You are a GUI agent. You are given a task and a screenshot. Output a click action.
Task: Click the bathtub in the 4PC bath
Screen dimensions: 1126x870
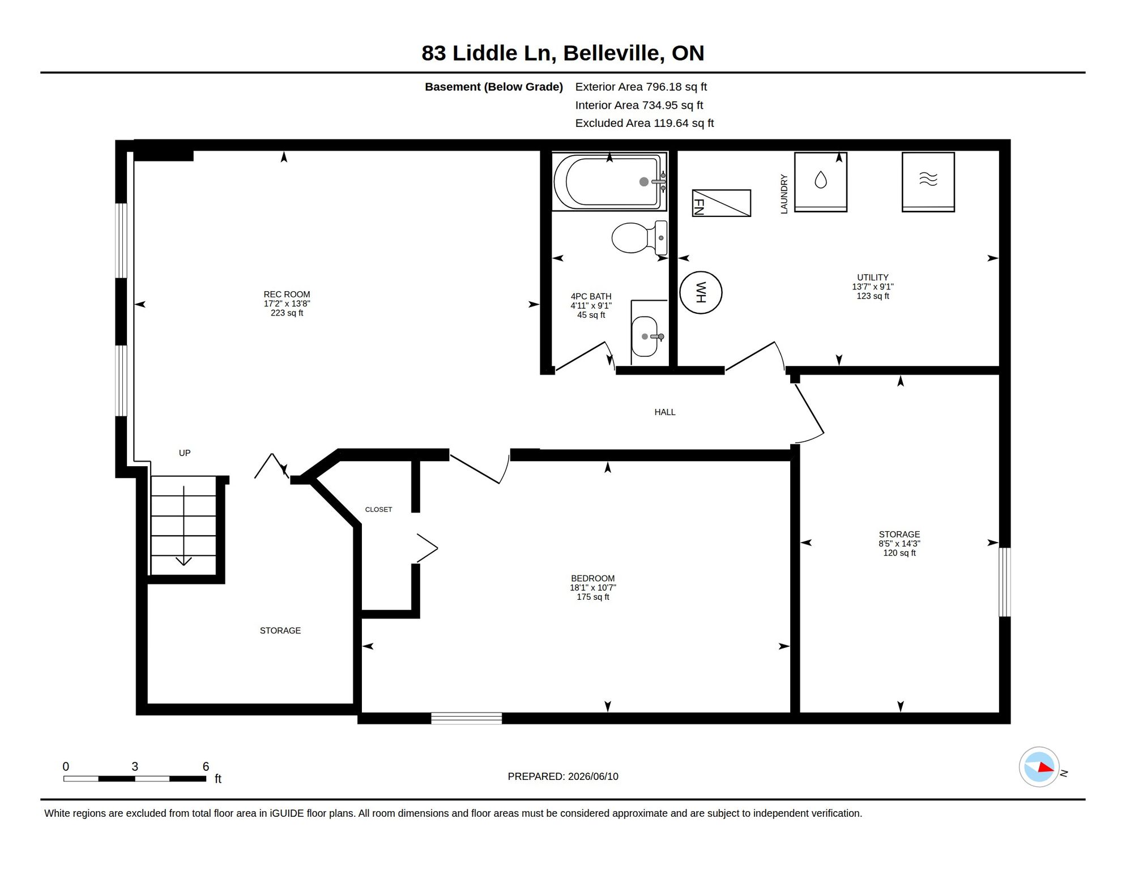coord(609,182)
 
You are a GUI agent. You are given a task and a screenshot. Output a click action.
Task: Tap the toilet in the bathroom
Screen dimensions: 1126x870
coord(639,237)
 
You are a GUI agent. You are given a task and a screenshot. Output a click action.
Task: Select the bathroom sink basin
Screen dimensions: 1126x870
coord(645,336)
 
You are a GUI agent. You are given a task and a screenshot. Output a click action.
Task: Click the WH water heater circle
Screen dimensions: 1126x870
coord(701,292)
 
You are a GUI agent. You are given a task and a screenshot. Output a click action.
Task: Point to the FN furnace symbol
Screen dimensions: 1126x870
coord(722,203)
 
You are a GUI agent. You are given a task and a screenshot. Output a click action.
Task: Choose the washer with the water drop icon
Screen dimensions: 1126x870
coord(821,182)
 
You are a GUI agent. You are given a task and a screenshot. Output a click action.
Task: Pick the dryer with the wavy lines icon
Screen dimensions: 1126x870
coord(928,182)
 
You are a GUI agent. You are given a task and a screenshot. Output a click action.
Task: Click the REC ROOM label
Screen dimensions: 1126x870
coord(287,295)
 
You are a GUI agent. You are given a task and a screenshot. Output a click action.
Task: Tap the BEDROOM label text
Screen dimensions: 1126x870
coord(592,578)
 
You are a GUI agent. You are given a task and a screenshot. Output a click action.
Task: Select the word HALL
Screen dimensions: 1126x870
coord(665,412)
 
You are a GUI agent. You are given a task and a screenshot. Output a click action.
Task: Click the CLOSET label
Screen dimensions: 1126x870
coord(378,510)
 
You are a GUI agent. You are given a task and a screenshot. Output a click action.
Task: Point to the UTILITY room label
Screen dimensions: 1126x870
coord(873,278)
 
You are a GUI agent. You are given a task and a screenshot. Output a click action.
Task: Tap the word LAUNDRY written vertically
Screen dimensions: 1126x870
coord(784,194)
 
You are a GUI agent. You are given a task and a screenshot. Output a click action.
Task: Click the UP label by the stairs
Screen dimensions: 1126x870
coord(185,453)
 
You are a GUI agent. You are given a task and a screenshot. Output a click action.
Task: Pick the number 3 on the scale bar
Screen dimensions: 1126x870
coord(135,766)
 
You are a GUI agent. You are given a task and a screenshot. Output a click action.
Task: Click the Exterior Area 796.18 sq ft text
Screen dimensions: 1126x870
coord(641,87)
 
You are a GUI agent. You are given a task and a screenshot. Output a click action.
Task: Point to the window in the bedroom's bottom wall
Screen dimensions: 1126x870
coord(466,718)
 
